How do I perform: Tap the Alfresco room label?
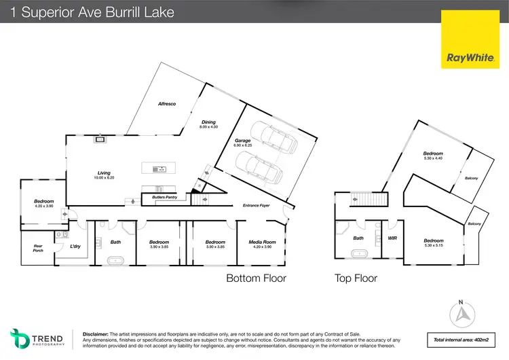tap(167, 104)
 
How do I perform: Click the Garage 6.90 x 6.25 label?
tap(243, 143)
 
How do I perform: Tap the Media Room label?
tap(262, 243)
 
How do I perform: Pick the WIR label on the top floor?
tap(392, 238)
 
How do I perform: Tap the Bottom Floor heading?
tap(256, 278)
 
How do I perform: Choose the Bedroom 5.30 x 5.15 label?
tap(433, 242)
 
